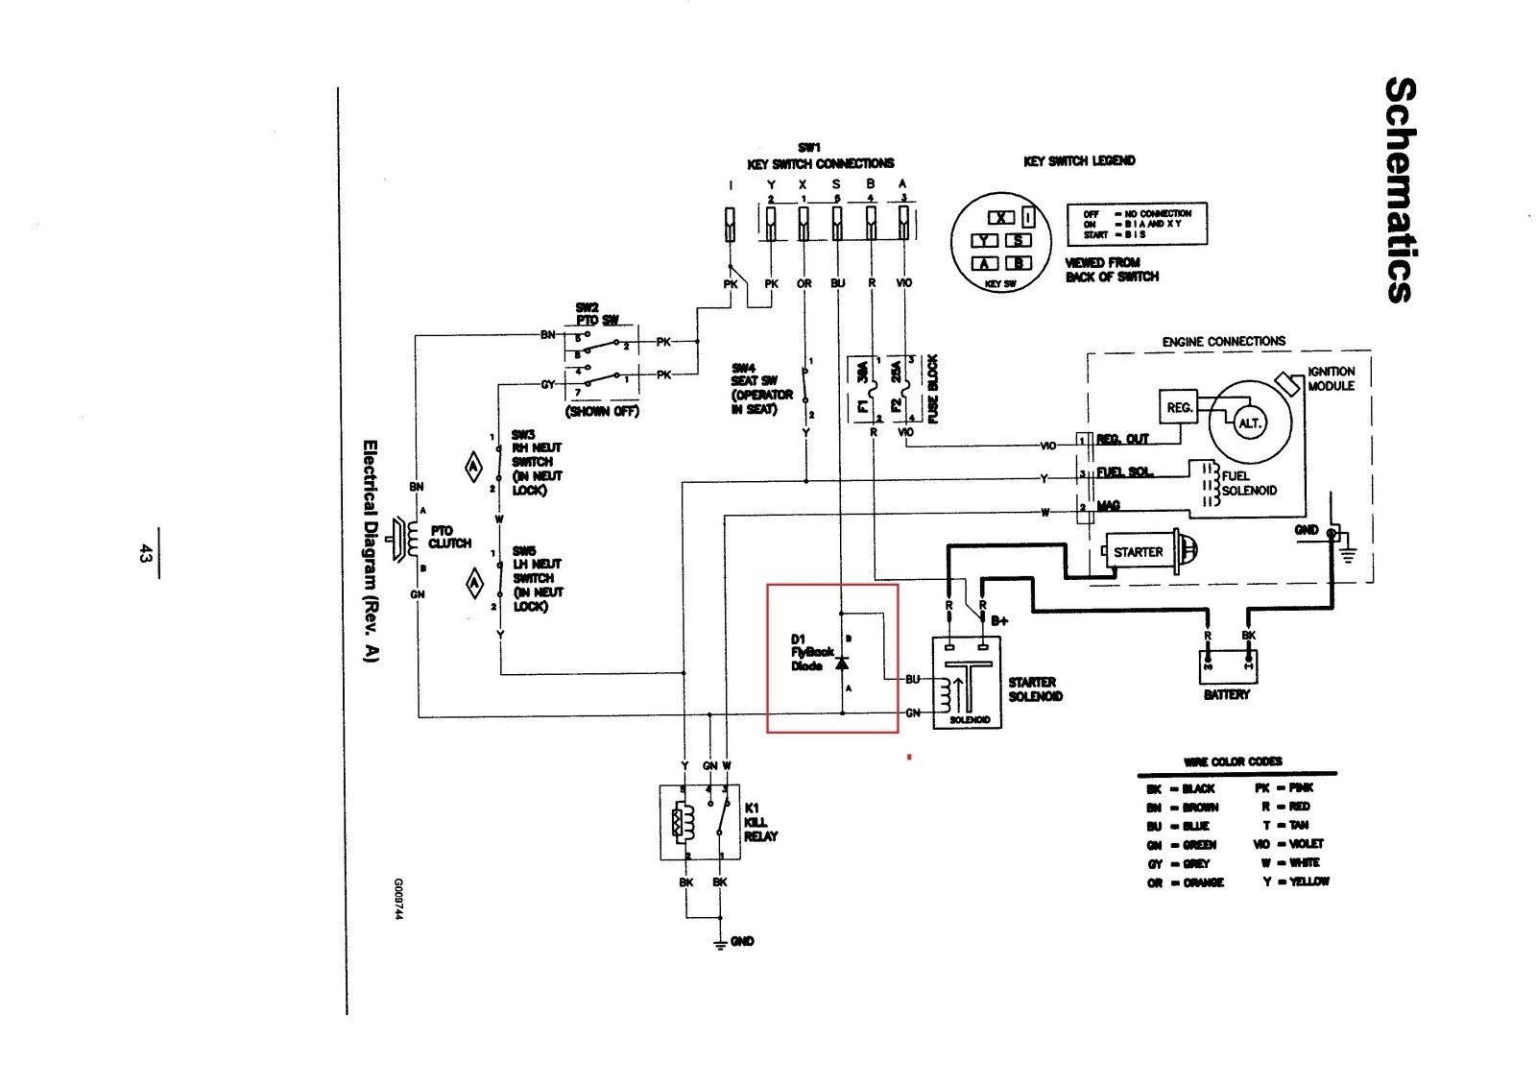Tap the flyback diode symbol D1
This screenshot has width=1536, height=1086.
[x=842, y=664]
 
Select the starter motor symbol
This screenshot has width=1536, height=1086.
[x=1147, y=552]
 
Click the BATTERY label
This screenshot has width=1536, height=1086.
[x=1226, y=694]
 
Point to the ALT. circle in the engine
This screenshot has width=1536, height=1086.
[x=1250, y=423]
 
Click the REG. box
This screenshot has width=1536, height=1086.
[x=1180, y=407]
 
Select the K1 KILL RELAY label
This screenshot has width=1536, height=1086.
[x=760, y=822]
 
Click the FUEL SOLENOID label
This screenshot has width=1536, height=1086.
[x=1248, y=483]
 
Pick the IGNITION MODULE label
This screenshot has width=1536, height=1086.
[x=1331, y=378]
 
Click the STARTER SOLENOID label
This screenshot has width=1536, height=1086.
[x=1035, y=688]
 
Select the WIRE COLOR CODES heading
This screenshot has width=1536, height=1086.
[x=1233, y=761]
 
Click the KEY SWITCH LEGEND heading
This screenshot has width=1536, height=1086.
[x=1079, y=161]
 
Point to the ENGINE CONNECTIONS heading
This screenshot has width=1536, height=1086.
[x=1223, y=341]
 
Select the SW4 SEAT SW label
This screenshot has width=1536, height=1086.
[x=762, y=388]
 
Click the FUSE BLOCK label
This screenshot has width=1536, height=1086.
[x=932, y=389]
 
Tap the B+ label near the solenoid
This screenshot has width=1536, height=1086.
[x=999, y=621]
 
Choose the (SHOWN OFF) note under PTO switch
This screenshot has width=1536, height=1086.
[x=602, y=412]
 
